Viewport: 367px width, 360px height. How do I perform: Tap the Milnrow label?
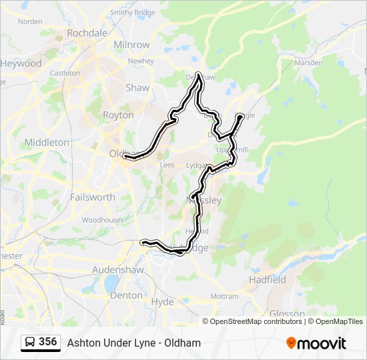click(x=132, y=45)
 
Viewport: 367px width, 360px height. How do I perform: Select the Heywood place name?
click(x=21, y=63)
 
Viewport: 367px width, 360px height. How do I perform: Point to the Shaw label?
click(x=137, y=87)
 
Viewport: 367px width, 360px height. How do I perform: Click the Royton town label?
click(x=118, y=115)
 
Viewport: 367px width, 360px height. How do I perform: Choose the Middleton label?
click(x=47, y=142)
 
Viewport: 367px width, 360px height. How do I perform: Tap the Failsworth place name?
click(x=93, y=197)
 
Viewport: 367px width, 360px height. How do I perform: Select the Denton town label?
click(x=126, y=295)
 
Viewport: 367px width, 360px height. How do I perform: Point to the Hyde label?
click(x=162, y=301)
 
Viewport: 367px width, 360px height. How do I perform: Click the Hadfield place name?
click(x=267, y=280)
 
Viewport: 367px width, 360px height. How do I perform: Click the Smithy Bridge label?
click(x=132, y=12)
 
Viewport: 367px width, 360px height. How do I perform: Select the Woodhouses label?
click(x=103, y=219)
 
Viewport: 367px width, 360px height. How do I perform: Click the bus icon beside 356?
click(x=30, y=342)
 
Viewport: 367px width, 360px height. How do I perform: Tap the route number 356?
click(x=48, y=342)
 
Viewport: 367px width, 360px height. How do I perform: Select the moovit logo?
click(x=316, y=343)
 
